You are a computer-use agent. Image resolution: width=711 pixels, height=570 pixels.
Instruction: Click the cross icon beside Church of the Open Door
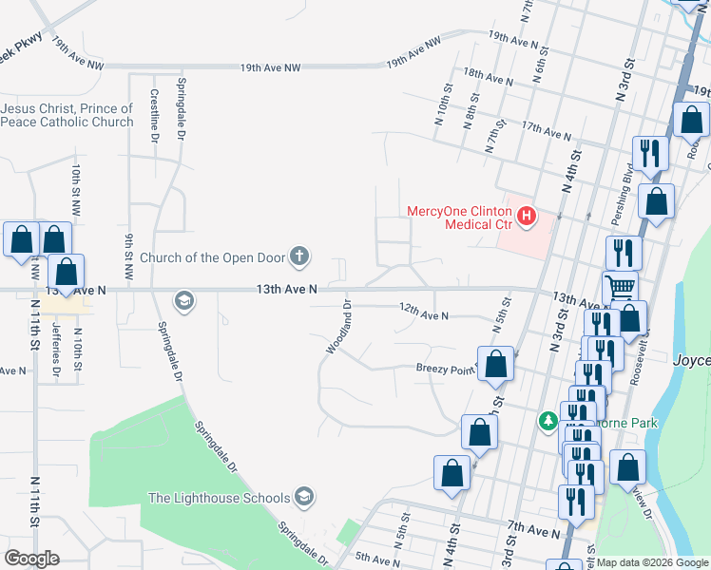tap(298, 256)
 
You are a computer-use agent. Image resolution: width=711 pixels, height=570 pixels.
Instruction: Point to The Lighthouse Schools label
tap(219, 497)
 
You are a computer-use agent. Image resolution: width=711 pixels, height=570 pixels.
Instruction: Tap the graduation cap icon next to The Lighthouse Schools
tap(303, 496)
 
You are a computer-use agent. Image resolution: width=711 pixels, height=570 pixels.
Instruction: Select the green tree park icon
tap(548, 420)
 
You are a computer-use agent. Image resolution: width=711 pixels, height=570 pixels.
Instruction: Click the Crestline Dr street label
tap(154, 115)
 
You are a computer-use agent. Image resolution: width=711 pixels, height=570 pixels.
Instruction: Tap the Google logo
tap(31, 559)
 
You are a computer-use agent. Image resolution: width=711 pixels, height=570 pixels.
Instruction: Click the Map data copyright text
tap(652, 562)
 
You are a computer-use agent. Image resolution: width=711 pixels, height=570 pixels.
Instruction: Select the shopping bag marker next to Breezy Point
tap(495, 364)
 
